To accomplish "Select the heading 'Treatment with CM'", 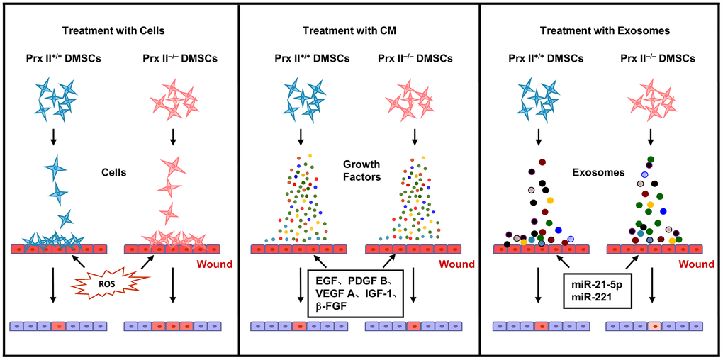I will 354,31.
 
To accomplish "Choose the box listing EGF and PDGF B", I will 355,292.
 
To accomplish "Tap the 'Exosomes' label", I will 594,172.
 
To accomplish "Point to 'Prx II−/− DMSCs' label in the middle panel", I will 413,59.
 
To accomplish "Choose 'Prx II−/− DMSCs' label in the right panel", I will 654,59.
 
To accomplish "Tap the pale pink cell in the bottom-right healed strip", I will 655,327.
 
